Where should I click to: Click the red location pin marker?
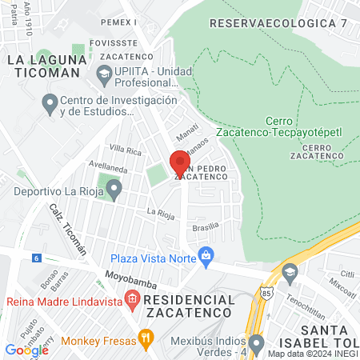[179, 162]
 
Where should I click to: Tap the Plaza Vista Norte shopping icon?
[207, 258]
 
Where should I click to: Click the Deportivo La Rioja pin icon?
[114, 191]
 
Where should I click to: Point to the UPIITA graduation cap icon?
[103, 74]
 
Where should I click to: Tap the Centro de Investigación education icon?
[49, 103]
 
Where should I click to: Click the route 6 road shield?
[37, 258]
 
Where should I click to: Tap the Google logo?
[26, 350]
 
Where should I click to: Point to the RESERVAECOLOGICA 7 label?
[278, 23]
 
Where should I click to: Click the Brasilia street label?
[207, 227]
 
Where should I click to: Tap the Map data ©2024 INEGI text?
[312, 354]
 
